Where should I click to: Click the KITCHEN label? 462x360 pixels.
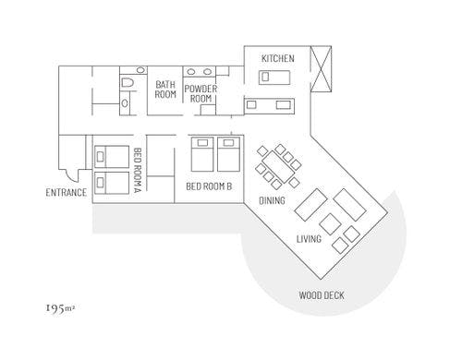[x=277, y=59]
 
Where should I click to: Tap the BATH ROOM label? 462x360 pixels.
[x=165, y=90]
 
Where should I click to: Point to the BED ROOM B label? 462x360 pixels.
[x=209, y=186]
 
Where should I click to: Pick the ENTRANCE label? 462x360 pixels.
[x=66, y=193]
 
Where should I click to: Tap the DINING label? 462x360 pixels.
[x=272, y=200]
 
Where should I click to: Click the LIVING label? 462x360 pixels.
[x=309, y=239]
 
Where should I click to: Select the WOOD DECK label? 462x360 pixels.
[x=322, y=296]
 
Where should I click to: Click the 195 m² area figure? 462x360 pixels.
[x=60, y=305]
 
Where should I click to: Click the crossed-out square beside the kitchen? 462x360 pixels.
[x=324, y=68]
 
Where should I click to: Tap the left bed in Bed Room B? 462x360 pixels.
[x=202, y=155]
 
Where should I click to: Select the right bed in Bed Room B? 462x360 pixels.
[x=227, y=155]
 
